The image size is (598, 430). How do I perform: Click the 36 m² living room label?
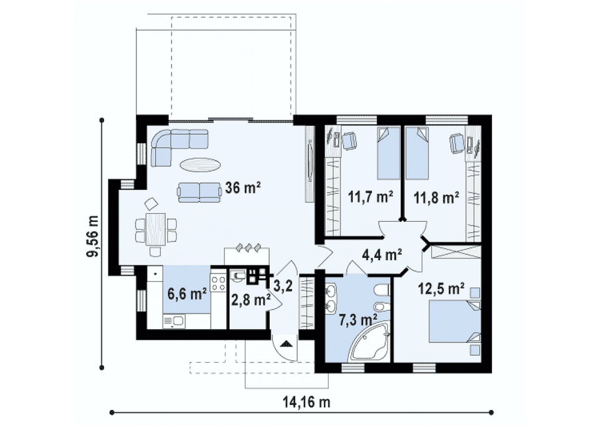pyautogui.click(x=243, y=188)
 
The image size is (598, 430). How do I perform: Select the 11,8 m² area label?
pyautogui.click(x=437, y=198)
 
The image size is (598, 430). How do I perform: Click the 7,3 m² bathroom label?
pyautogui.click(x=358, y=318)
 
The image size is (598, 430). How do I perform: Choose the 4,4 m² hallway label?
pyautogui.click(x=381, y=254)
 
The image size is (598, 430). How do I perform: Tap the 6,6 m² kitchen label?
pyautogui.click(x=187, y=294)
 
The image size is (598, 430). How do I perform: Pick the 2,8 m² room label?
pyautogui.click(x=251, y=300)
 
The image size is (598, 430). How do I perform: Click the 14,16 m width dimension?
pyautogui.click(x=306, y=401)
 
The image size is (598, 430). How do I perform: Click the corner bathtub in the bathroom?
pyautogui.click(x=370, y=340)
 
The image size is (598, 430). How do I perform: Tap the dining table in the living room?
pyautogui.click(x=156, y=229)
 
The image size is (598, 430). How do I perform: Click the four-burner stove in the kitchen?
pyautogui.click(x=219, y=283)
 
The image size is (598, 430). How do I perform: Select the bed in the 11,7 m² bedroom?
pyautogui.click(x=389, y=153)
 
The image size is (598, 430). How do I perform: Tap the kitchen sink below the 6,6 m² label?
pyautogui.click(x=174, y=322)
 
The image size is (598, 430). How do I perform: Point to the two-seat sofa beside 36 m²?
pyautogui.click(x=199, y=192)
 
